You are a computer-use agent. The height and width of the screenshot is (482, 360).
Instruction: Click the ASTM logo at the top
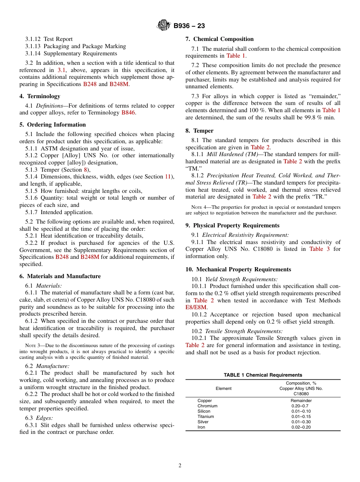(x=164, y=26)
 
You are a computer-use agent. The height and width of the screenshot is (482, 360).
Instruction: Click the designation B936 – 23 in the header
(x=189, y=26)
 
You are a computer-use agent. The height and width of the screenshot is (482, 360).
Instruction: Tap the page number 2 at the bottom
(x=180, y=466)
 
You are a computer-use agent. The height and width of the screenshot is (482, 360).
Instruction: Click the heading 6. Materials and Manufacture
(x=60, y=276)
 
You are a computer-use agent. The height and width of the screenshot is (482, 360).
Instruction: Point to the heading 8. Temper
(x=199, y=131)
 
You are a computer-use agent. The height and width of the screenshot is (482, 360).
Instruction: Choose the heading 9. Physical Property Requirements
(x=232, y=225)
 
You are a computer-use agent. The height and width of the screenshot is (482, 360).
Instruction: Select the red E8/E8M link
(x=196, y=307)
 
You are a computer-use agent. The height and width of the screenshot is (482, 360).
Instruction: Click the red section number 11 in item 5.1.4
(x=168, y=177)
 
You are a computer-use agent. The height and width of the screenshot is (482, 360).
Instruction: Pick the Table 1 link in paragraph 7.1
(x=236, y=56)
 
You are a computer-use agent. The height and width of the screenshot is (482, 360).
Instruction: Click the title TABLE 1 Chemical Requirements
(x=263, y=375)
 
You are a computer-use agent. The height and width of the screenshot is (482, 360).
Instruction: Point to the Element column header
(x=224, y=388)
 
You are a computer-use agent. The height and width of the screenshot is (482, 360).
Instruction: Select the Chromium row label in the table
(x=207, y=406)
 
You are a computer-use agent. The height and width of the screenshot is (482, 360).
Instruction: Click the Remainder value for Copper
(x=301, y=401)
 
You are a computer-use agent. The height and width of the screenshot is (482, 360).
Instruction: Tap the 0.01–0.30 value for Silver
(x=301, y=422)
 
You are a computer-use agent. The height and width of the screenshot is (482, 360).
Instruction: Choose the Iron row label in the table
(x=201, y=427)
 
